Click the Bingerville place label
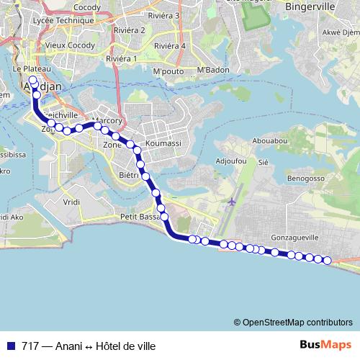point(310,6)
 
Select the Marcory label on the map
point(109,121)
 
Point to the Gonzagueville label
point(294,236)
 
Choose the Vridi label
point(71,202)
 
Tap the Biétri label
point(128,174)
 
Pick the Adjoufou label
point(231,160)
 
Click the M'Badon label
point(212,70)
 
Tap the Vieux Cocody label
point(66,45)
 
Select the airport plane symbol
point(231,202)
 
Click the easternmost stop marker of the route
point(327,261)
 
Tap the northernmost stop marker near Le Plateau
point(32,81)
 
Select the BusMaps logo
point(325,345)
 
